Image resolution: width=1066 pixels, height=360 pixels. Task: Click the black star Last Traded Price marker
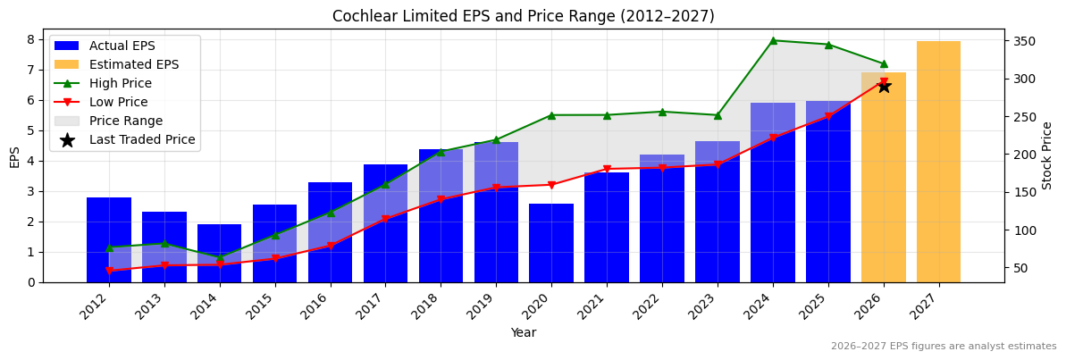pos(884,87)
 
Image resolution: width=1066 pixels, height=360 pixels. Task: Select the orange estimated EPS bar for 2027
pos(938,162)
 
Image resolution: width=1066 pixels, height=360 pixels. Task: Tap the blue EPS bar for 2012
pos(109,239)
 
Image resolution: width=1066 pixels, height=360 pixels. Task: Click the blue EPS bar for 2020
pos(551,243)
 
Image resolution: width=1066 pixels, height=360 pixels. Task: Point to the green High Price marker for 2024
pos(773,40)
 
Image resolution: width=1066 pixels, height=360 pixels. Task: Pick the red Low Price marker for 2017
pos(385,219)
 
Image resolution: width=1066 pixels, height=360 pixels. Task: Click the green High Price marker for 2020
pos(551,115)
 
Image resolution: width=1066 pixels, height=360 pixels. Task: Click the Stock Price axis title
pos(1047,155)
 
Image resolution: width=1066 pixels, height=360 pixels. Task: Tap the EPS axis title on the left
pos(14,157)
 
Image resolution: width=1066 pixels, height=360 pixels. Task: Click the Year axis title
pos(524,333)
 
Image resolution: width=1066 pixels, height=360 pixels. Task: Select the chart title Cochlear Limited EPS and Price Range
pos(524,16)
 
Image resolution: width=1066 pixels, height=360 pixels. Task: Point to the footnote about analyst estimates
pos(943,347)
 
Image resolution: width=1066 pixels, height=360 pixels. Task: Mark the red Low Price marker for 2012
pos(109,271)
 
